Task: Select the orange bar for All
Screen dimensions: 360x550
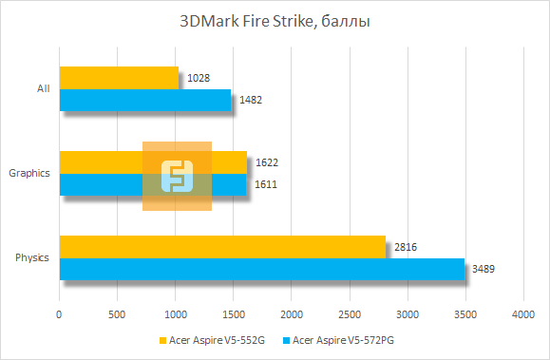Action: point(119,78)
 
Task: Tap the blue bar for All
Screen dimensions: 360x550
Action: point(144,100)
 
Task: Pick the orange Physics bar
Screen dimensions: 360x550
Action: point(222,247)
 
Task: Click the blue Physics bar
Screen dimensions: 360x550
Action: point(262,269)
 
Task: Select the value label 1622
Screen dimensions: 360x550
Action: point(267,162)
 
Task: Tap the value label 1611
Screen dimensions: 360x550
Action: point(266,183)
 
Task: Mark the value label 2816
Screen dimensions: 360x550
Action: point(406,247)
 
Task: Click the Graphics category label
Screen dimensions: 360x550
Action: point(29,173)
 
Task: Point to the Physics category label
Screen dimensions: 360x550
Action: point(33,257)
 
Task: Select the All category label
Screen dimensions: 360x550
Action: point(43,89)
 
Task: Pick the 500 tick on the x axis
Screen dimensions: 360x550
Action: point(117,313)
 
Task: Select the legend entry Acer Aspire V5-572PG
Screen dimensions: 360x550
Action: point(345,339)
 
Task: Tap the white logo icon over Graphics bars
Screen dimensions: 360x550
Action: point(177,176)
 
